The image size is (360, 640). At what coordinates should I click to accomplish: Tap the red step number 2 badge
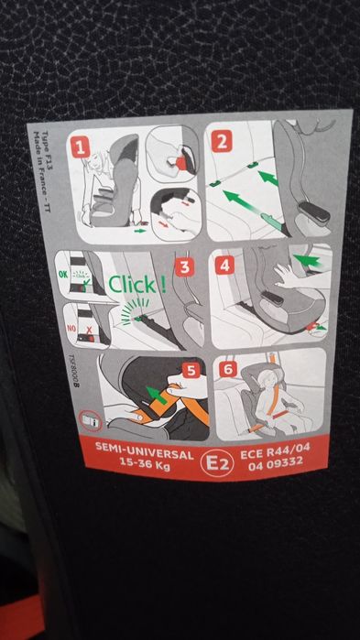(x=223, y=142)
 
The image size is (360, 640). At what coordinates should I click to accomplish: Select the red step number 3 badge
(x=184, y=268)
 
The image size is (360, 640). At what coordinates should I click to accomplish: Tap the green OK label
(x=64, y=272)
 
